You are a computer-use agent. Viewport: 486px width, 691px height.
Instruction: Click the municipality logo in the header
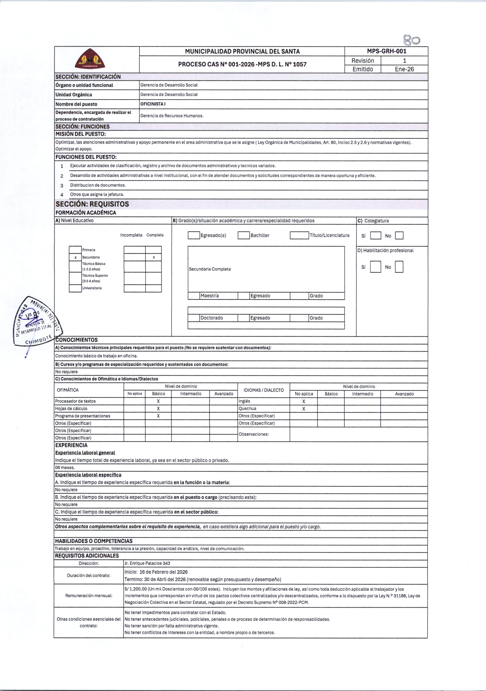pyautogui.click(x=90, y=59)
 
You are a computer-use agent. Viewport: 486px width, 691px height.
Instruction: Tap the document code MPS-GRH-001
pyautogui.click(x=386, y=51)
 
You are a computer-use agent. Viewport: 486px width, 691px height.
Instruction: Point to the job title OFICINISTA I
pyautogui.click(x=153, y=104)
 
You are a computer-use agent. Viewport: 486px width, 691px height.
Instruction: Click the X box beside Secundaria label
pyautogui.click(x=75, y=257)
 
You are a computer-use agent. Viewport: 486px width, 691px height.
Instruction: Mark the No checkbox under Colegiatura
pyautogui.click(x=399, y=236)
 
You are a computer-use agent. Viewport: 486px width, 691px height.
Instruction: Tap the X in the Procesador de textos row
pyautogui.click(x=158, y=401)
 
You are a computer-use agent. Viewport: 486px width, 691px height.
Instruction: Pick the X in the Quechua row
pyautogui.click(x=304, y=409)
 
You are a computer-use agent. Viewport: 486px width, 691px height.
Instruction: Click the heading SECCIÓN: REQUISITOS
pyautogui.click(x=92, y=204)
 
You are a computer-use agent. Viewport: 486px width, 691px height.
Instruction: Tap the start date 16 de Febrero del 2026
pyautogui.click(x=164, y=572)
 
